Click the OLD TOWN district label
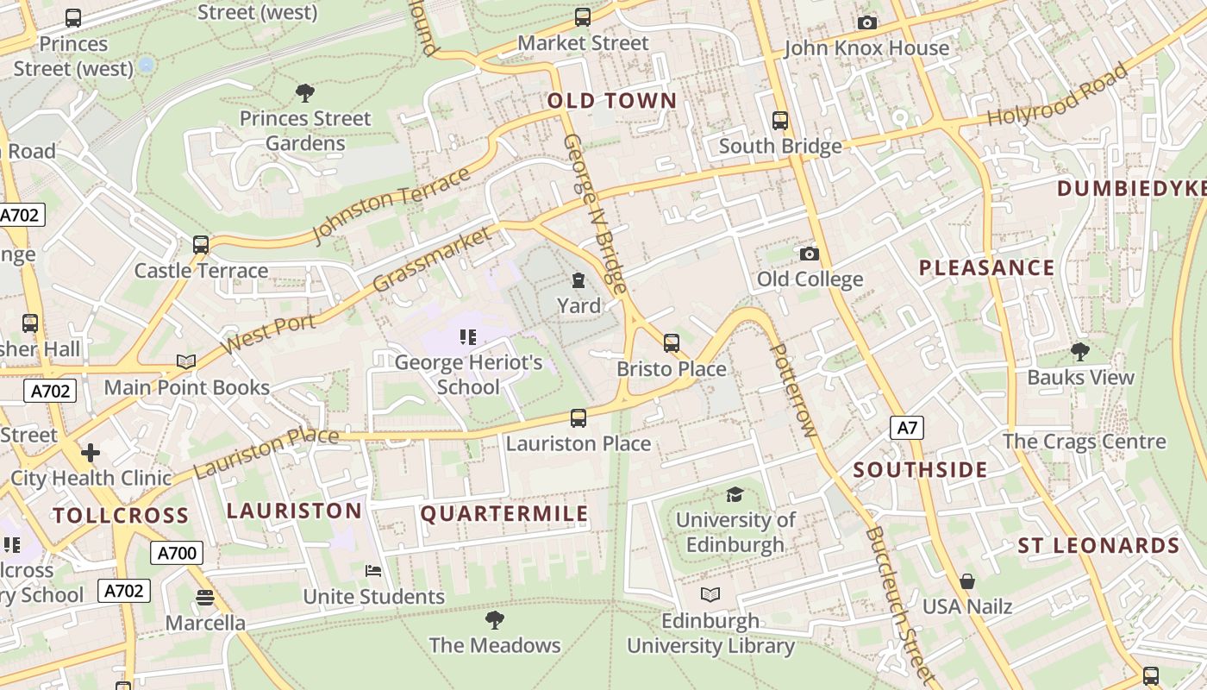click(x=612, y=101)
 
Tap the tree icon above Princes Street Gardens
click(x=304, y=92)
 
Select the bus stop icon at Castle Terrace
click(x=201, y=245)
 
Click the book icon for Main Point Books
click(x=186, y=361)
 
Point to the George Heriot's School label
click(x=468, y=374)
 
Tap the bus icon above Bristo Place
click(x=672, y=343)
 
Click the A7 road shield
click(x=906, y=428)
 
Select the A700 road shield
click(x=177, y=553)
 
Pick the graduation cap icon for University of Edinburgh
click(x=735, y=494)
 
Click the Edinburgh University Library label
click(x=710, y=633)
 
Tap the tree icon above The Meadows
click(x=495, y=619)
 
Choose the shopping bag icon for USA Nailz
click(x=967, y=581)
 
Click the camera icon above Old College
click(x=809, y=254)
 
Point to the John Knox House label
click(x=866, y=48)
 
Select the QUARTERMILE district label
click(x=504, y=515)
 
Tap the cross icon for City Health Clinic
click(x=91, y=453)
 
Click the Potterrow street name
click(x=791, y=390)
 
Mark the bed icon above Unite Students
click(x=373, y=571)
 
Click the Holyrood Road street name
click(x=1057, y=95)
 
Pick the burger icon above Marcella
click(x=205, y=597)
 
